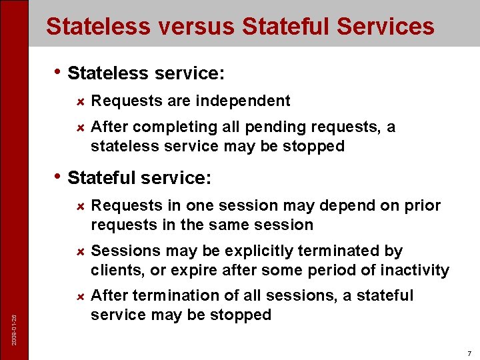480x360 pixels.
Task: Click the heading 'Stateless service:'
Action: coord(141,73)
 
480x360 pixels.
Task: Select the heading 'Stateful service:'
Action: coord(139,178)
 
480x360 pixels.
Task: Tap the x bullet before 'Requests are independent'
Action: coord(79,101)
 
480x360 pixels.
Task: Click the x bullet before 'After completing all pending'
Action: coord(79,127)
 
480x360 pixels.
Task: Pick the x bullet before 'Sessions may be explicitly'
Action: coord(79,251)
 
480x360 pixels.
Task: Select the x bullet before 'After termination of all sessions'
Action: coord(79,296)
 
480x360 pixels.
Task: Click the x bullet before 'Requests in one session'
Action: coord(79,207)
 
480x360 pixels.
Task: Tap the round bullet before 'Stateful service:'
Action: coord(58,176)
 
